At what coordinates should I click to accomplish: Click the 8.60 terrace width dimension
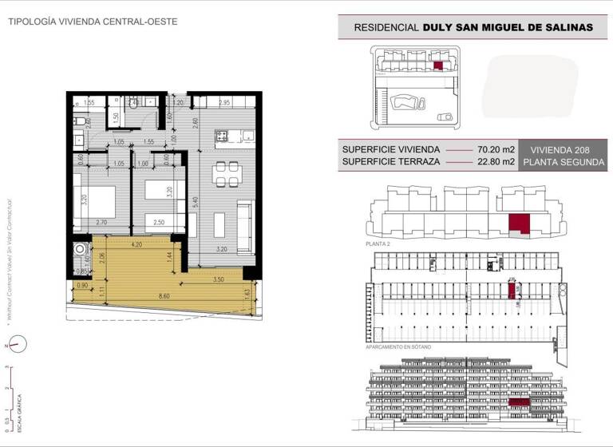coord(164,296)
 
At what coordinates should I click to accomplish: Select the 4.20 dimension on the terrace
coord(136,245)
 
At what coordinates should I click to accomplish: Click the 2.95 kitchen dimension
coord(224,103)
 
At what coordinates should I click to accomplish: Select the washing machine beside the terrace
coord(79,251)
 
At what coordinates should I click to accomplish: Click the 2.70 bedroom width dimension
coord(101,222)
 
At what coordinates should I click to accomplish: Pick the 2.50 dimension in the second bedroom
coord(160,222)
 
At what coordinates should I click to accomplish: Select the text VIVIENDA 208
coord(561,149)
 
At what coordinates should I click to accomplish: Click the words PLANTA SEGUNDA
coord(561,162)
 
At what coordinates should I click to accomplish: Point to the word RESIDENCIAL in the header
coord(386,27)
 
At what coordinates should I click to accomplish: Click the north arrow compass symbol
coord(18,344)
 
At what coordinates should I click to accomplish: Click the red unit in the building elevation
coord(519,401)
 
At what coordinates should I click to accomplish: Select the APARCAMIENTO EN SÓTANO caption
coord(398,347)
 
